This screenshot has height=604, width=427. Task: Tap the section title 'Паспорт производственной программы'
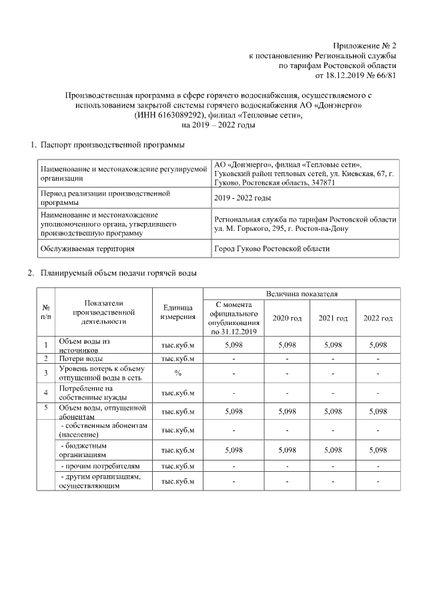point(112,145)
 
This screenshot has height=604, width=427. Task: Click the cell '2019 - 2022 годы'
point(242,198)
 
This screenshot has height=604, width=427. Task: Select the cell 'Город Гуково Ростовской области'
point(271,248)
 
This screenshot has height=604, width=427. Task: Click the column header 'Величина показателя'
point(302,293)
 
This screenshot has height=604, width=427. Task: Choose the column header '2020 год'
point(287,318)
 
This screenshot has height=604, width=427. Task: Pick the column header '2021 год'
point(332,318)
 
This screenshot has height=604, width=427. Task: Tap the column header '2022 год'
point(378,318)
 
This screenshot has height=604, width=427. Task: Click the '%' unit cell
point(177,372)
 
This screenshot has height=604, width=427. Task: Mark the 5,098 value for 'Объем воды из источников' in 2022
point(378,345)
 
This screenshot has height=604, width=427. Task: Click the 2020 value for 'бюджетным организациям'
point(287,450)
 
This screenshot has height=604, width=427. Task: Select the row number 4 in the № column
point(45,392)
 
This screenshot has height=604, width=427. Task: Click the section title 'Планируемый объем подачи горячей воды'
point(118,273)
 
